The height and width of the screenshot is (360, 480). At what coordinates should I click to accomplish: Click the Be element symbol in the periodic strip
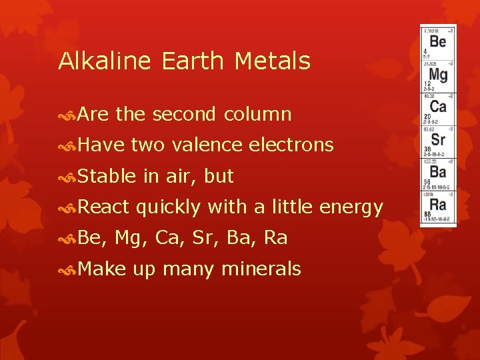(438, 42)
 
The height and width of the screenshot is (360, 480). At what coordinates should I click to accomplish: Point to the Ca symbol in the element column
(438, 107)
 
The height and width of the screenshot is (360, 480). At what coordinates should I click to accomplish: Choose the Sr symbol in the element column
(438, 139)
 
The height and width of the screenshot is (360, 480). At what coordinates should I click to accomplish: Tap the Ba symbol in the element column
(438, 172)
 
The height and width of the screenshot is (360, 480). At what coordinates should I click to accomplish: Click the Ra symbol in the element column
(438, 204)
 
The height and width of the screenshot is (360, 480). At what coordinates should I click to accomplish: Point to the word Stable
(107, 177)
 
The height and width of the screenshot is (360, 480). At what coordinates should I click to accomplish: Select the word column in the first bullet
(257, 115)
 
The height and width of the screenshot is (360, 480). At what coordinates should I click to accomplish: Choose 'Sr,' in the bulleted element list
(213, 239)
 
